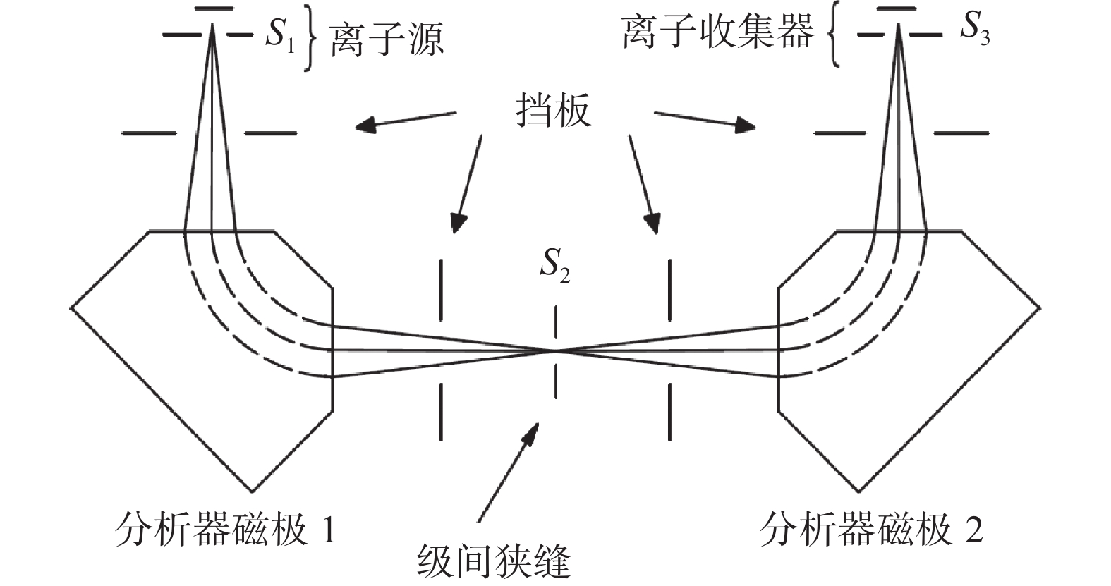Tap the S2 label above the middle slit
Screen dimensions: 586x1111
click(554, 267)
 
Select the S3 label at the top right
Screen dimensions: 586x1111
click(976, 30)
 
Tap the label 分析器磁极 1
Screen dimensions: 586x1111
click(224, 529)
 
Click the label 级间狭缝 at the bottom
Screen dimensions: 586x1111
click(494, 563)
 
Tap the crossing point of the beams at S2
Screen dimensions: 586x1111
click(556, 350)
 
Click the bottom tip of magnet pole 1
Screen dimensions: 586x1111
click(252, 491)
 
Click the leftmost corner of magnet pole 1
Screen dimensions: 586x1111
click(71, 307)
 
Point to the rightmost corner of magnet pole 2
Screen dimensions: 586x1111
click(1038, 307)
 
